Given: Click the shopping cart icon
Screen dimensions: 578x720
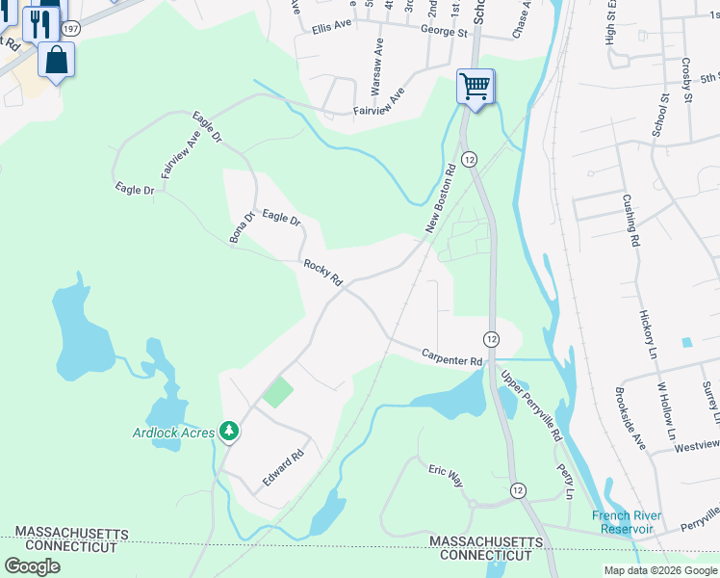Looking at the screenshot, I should (x=476, y=87).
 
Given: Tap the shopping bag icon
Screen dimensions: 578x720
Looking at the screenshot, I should (x=57, y=60).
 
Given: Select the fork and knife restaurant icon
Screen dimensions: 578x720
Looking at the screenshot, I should (x=39, y=23).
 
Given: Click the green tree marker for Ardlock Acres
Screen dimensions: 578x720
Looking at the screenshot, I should (x=229, y=430).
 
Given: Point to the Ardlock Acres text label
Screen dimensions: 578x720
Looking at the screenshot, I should (x=173, y=433).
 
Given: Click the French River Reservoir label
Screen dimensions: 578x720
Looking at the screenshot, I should (x=628, y=522).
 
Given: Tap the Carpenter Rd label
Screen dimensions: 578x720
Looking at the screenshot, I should (x=451, y=357).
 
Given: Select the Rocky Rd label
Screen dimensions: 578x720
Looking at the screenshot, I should (x=323, y=273).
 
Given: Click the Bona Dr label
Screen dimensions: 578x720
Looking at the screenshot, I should (x=240, y=226).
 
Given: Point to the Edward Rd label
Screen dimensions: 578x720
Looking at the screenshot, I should (x=284, y=466).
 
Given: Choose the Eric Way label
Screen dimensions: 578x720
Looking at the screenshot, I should (x=446, y=473).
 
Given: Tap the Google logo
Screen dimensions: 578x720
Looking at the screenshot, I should (x=32, y=565).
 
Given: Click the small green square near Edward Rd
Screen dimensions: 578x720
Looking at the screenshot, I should (x=278, y=392).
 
